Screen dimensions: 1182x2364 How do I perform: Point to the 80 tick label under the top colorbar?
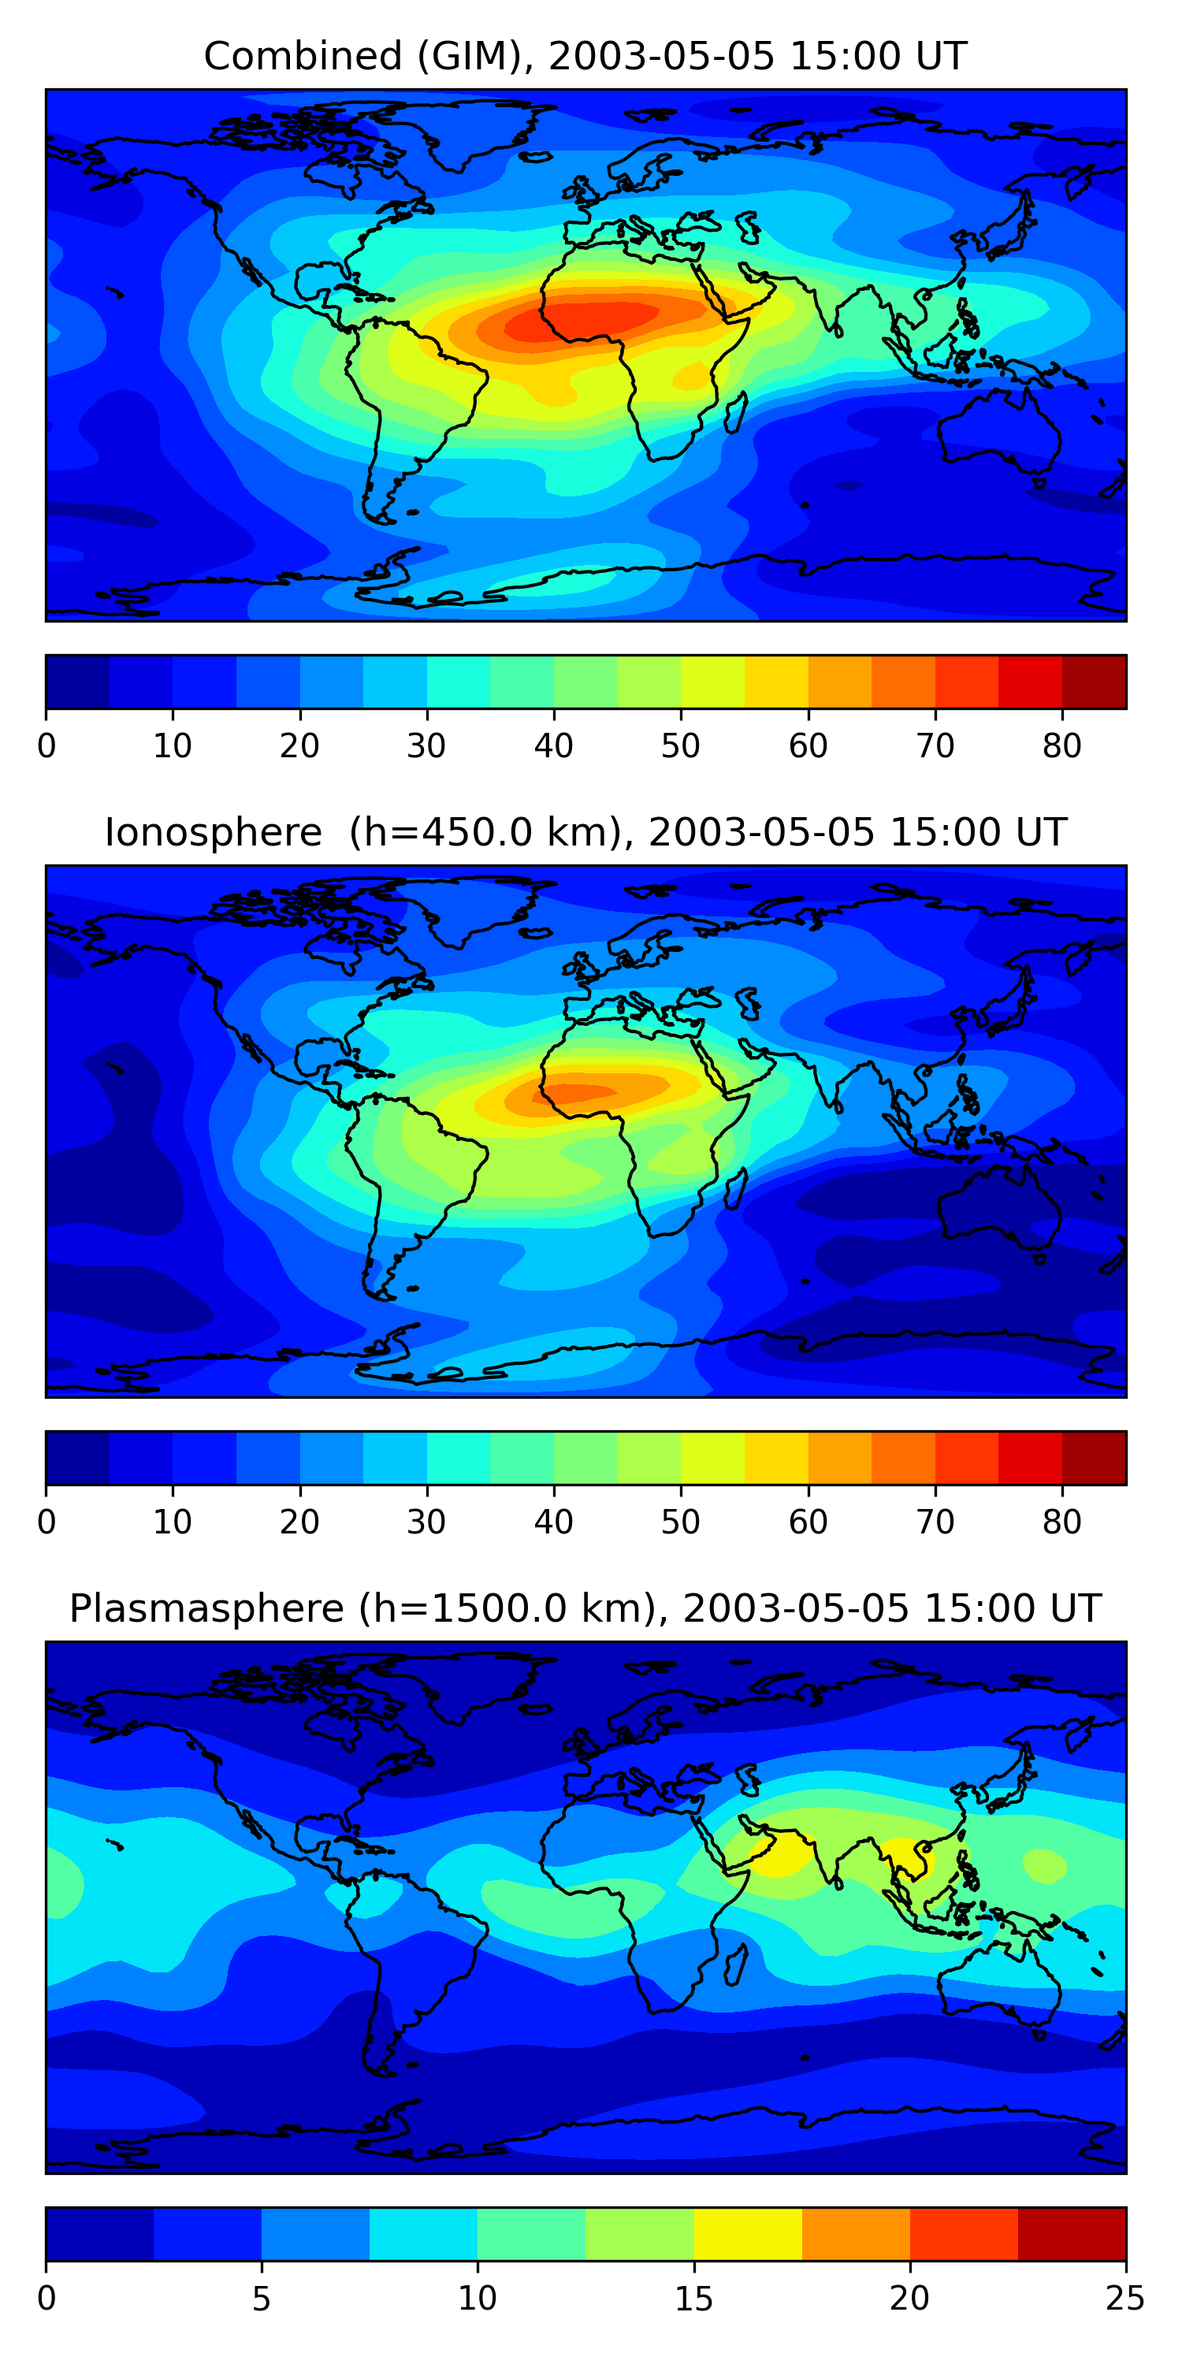(1061, 746)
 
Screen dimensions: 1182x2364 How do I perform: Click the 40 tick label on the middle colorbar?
(553, 1522)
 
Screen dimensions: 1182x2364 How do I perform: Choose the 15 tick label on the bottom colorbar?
(693, 2298)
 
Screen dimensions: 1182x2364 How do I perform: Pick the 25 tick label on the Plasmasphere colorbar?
(1125, 2298)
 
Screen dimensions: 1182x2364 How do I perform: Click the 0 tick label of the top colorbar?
(46, 746)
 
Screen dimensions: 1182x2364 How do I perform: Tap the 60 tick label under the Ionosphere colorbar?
(808, 1522)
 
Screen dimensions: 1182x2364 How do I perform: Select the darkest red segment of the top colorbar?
(1094, 682)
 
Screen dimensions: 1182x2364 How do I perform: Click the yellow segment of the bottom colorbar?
(748, 2234)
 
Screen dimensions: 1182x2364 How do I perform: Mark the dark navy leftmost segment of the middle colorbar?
(78, 1457)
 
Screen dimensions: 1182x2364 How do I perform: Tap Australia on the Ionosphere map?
(999, 1206)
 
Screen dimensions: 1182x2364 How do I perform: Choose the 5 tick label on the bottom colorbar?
(262, 2298)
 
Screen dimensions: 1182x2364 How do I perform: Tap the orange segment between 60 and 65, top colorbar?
(840, 682)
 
